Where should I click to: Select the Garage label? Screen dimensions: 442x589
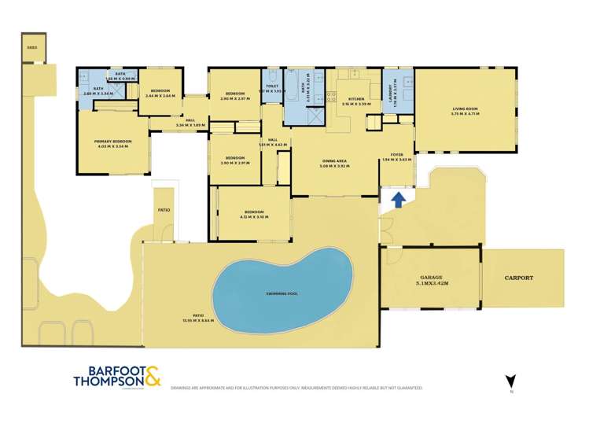[x=430, y=278]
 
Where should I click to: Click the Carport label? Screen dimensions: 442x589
[x=519, y=278]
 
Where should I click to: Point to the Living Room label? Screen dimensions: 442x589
[x=465, y=110]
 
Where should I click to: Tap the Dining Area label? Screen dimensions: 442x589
[x=334, y=161]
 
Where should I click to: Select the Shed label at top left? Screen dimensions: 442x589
[x=32, y=46]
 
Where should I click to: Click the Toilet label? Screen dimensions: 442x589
[x=272, y=86]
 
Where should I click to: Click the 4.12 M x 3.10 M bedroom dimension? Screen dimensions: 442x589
[x=253, y=217]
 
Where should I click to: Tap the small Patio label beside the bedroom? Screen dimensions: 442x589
[x=164, y=209]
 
